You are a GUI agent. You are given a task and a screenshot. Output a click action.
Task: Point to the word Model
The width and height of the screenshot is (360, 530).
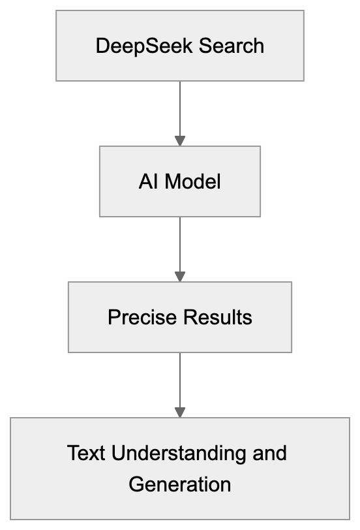pos(192,181)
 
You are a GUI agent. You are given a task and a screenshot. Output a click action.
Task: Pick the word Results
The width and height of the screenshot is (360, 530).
pos(217,317)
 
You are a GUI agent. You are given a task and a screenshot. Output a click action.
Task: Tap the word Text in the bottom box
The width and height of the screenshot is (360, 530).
pos(87,452)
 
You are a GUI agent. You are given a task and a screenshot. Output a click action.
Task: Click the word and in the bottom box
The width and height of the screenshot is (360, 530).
pos(271,452)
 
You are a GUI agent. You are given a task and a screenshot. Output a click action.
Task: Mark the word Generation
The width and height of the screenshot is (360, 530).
pos(180,484)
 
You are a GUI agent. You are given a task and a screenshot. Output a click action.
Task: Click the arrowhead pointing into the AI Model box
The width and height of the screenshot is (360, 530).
pos(180,141)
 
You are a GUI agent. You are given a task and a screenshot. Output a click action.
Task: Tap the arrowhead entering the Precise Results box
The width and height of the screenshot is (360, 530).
pos(180,277)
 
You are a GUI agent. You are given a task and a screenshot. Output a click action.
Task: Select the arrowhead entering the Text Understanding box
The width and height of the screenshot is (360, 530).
pos(180,413)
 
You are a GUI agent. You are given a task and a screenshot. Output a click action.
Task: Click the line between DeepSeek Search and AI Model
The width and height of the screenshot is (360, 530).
pos(180,108)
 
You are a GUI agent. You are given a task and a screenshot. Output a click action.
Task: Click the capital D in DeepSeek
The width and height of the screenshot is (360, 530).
pos(102,46)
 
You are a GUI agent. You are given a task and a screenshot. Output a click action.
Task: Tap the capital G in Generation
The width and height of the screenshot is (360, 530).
pos(135,484)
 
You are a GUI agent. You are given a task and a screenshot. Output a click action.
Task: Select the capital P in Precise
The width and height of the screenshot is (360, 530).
pos(113,317)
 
